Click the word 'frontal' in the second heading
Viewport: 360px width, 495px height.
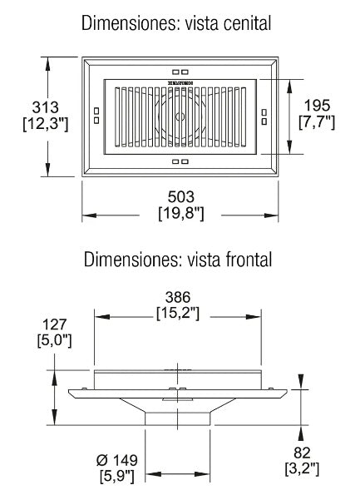coord(242,260)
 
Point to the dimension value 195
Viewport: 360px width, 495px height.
coord(316,106)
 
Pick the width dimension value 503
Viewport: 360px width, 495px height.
coord(180,197)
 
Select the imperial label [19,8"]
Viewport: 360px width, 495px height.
coord(180,214)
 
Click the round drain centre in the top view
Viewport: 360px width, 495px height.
coord(180,116)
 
